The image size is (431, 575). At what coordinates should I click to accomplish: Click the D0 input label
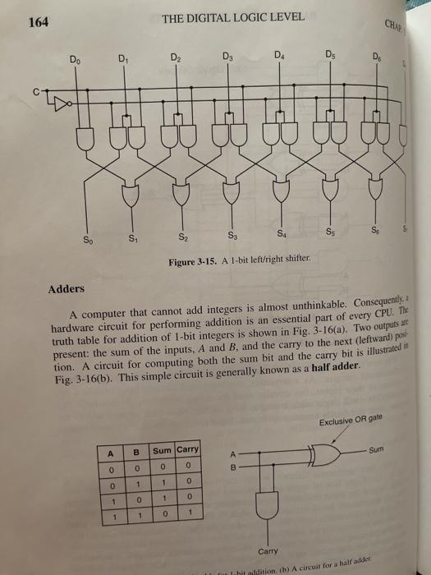(x=76, y=60)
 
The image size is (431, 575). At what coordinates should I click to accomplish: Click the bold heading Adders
(x=65, y=290)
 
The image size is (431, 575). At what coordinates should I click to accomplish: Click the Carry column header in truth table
(x=187, y=449)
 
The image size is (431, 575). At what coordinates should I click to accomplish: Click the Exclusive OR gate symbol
(x=322, y=452)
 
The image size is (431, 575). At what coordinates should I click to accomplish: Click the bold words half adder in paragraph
(x=336, y=365)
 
